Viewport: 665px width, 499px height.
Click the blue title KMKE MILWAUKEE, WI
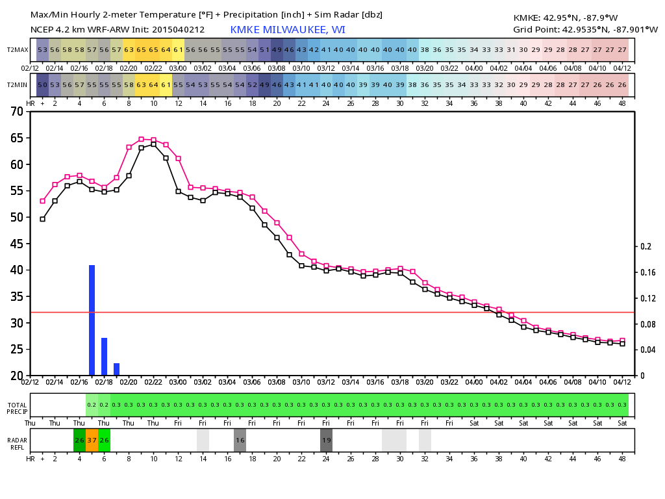288,30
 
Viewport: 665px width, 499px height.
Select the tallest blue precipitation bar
92,320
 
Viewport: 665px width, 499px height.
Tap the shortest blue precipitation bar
117,369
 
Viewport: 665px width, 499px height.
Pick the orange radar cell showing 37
92,440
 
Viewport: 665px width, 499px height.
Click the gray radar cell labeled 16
240,440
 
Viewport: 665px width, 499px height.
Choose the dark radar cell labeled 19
326,440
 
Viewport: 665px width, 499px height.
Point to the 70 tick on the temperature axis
17,112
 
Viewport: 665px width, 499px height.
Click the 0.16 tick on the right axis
648,272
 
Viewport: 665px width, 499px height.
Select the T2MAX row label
18,49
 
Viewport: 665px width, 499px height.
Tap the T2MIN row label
17,85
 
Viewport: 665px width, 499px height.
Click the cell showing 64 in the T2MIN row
153,85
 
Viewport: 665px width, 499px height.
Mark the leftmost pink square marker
42,201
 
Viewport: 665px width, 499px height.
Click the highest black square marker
153,144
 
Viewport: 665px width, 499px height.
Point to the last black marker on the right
622,344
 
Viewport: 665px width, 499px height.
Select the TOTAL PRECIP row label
18,408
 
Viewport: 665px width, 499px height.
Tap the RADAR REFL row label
18,444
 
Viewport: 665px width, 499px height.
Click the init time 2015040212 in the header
178,30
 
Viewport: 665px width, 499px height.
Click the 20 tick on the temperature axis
17,376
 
